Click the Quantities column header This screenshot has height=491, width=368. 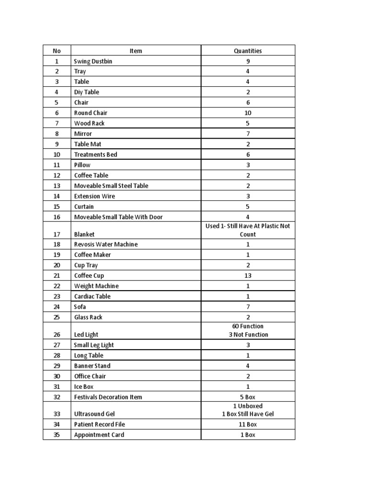[x=248, y=51]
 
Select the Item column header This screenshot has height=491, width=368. [x=136, y=51]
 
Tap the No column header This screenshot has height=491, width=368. [x=57, y=51]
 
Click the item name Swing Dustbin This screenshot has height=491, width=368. [x=93, y=61]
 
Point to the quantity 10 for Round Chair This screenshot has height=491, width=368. [x=248, y=113]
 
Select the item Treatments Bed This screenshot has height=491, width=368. [x=96, y=154]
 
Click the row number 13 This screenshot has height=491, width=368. [x=57, y=186]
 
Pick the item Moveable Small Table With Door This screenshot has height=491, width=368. [x=118, y=217]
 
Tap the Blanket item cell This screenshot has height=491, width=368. [x=84, y=234]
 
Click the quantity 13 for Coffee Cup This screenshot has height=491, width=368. [x=248, y=276]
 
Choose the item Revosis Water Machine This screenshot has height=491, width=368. [x=106, y=245]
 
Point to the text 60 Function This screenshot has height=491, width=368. [x=248, y=327]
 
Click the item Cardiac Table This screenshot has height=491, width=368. [x=92, y=296]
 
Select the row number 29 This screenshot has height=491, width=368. [x=57, y=366]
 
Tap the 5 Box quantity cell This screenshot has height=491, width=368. [x=248, y=397]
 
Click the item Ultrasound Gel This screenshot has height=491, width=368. [x=94, y=414]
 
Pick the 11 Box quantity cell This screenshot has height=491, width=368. [x=248, y=424]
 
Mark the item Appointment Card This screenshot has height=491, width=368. [x=99, y=435]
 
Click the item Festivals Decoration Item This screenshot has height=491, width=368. [x=108, y=397]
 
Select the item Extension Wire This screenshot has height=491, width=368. [x=94, y=196]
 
